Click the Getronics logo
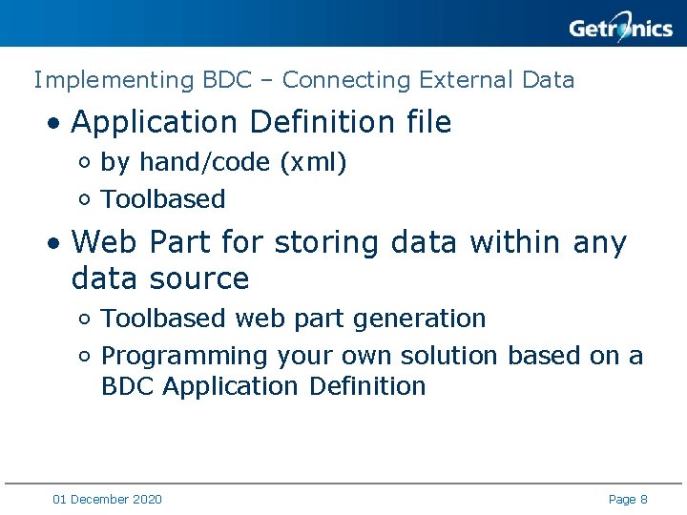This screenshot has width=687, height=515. pyautogui.click(x=620, y=28)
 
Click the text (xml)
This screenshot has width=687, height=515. pyautogui.click(x=313, y=163)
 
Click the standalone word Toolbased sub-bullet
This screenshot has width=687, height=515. pyautogui.click(x=163, y=199)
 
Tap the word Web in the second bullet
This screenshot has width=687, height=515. pyautogui.click(x=104, y=242)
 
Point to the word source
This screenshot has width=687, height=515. pyautogui.click(x=205, y=278)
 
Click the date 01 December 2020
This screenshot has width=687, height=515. pyautogui.click(x=108, y=499)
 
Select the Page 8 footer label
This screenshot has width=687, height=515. pyautogui.click(x=628, y=499)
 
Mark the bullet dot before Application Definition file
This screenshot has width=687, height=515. pyautogui.click(x=57, y=124)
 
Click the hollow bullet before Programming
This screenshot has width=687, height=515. pyautogui.click(x=85, y=357)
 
